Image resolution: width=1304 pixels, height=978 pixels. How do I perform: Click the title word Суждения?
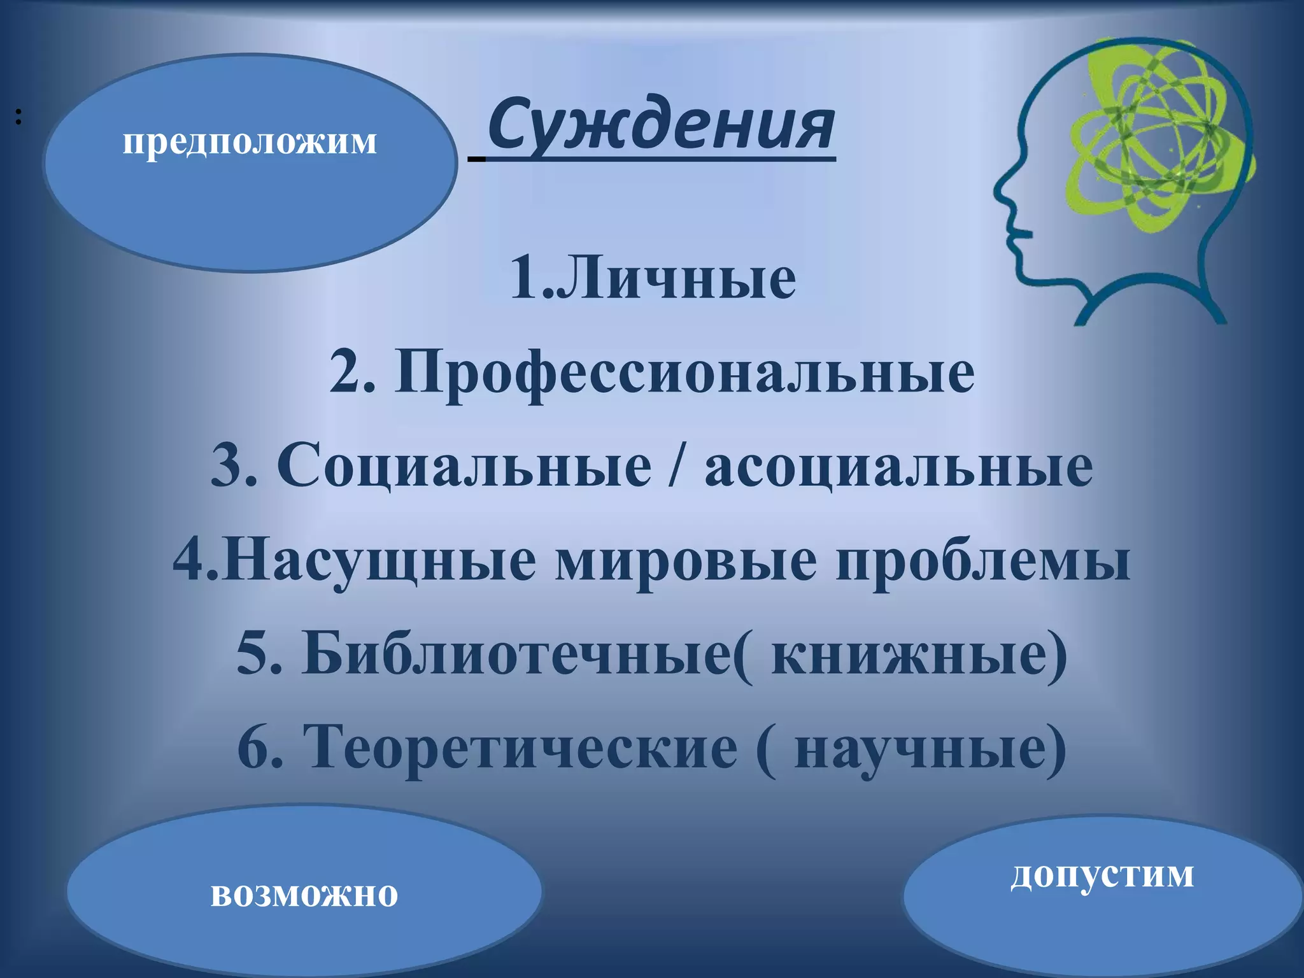[661, 124]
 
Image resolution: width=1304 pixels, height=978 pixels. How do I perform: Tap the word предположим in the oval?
[250, 141]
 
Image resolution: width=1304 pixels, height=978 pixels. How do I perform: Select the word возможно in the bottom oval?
[304, 894]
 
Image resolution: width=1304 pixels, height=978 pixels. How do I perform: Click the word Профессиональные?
[684, 372]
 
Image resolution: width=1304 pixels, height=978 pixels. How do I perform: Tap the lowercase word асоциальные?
[898, 466]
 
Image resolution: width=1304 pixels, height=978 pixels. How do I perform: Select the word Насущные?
[379, 560]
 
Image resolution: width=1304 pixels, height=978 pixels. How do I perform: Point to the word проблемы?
[983, 560]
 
